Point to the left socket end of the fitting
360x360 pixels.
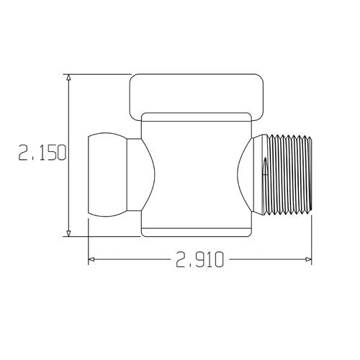click(106, 173)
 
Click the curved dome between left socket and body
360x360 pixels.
click(141, 173)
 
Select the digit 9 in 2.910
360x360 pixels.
click(199, 259)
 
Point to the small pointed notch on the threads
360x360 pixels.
click(264, 169)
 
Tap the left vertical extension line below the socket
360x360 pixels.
click(88, 241)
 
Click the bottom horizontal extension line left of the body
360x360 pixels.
click(101, 235)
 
